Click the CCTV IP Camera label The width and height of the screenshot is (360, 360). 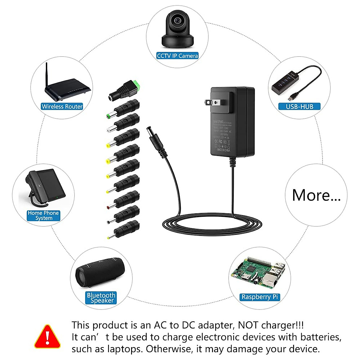(x=177, y=56)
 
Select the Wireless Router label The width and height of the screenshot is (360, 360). (x=62, y=106)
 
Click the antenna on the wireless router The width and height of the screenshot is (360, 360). (x=47, y=75)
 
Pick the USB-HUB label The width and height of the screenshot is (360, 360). (x=299, y=106)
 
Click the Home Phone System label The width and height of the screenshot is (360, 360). (x=43, y=215)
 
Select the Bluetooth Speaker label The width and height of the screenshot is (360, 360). (x=101, y=298)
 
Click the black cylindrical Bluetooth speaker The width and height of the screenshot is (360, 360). (x=100, y=272)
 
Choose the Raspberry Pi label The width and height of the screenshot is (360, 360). (x=260, y=297)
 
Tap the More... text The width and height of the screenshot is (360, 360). (x=316, y=195)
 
